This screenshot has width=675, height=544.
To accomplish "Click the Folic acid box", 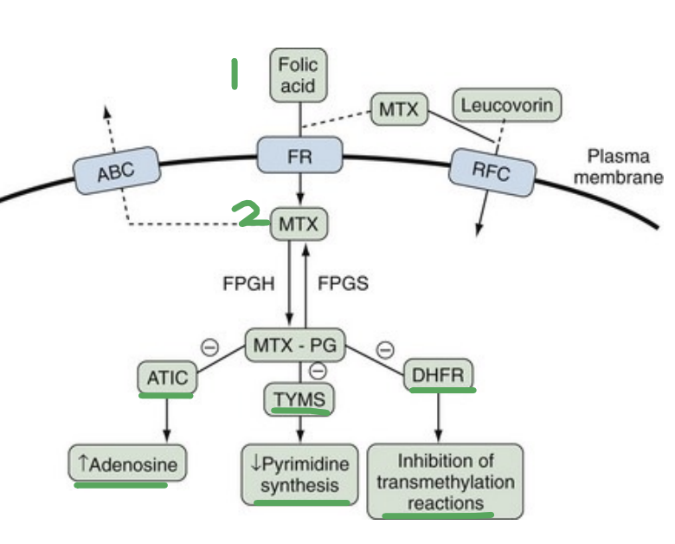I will point(299,75).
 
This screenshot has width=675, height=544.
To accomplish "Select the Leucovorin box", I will point(506,107).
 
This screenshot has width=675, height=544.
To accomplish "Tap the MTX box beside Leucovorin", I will point(398,110).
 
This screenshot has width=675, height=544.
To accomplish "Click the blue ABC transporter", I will point(116,170).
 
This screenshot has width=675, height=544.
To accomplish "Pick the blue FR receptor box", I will point(299,157).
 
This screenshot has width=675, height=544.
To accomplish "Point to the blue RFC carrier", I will point(491,172).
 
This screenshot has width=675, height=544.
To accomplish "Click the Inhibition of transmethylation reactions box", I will point(445,482).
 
